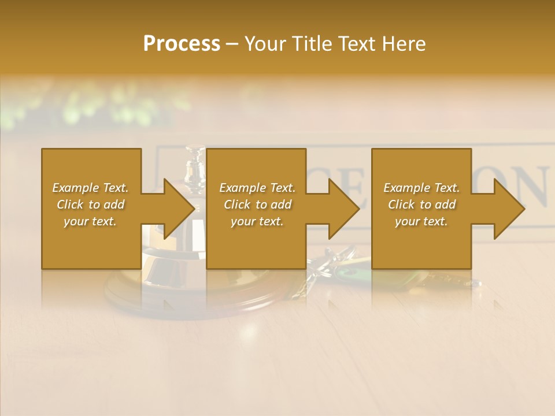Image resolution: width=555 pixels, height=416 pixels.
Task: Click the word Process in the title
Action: pyautogui.click(x=182, y=44)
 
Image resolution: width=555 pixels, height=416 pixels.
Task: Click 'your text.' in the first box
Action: pyautogui.click(x=90, y=221)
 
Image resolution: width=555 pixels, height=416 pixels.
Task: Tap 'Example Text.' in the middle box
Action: pyautogui.click(x=257, y=188)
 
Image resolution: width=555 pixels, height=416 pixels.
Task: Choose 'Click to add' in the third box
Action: pyautogui.click(x=422, y=205)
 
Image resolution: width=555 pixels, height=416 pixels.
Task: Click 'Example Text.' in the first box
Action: pyautogui.click(x=90, y=188)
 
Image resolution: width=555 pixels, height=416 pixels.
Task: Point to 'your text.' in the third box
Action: pyautogui.click(x=421, y=221)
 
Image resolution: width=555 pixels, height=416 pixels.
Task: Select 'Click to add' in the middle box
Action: pyautogui.click(x=257, y=205)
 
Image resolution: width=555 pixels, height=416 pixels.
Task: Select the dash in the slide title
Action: pyautogui.click(x=232, y=44)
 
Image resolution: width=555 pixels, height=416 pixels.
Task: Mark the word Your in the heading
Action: pyautogui.click(x=265, y=44)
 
